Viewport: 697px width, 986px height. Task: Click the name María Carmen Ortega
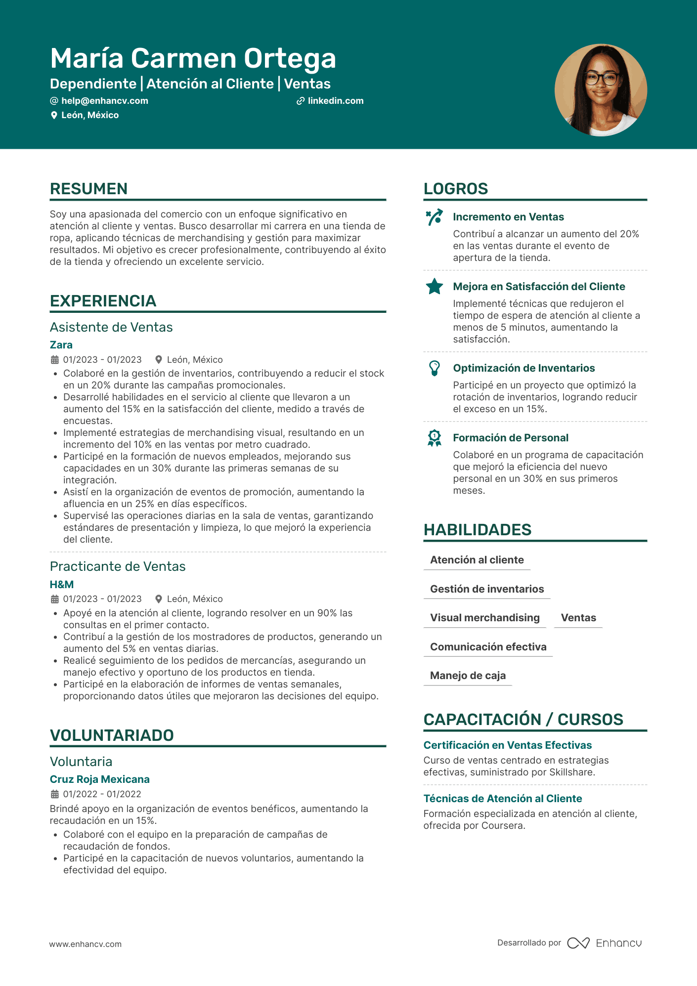(x=193, y=58)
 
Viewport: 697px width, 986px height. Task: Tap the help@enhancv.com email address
(x=104, y=101)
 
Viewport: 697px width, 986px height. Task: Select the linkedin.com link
(x=335, y=101)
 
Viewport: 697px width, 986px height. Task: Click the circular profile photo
(x=601, y=90)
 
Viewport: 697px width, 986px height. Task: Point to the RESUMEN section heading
(x=88, y=189)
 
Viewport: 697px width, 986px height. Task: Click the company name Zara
(x=61, y=345)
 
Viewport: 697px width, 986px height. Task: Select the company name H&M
(x=62, y=585)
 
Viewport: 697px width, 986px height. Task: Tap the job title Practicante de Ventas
(x=118, y=566)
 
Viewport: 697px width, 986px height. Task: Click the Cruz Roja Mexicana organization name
(x=99, y=779)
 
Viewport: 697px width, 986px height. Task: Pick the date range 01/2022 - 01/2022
(x=102, y=794)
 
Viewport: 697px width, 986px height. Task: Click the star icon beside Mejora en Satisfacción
(x=435, y=287)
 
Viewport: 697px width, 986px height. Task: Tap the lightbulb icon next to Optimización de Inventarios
(x=435, y=368)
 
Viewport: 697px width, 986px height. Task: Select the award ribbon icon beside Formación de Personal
(x=435, y=438)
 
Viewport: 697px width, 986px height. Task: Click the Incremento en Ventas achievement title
(x=508, y=217)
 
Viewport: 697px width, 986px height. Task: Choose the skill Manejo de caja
(x=468, y=676)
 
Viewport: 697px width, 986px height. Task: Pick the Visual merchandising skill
(x=484, y=618)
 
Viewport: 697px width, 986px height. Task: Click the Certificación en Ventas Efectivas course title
(x=507, y=745)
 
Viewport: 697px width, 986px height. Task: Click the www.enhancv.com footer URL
(x=85, y=944)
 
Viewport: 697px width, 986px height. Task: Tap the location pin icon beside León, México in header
(x=54, y=115)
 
